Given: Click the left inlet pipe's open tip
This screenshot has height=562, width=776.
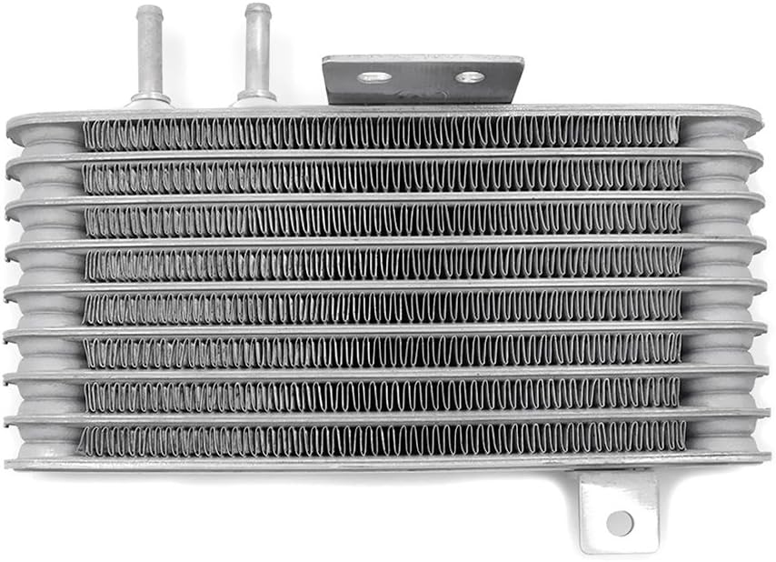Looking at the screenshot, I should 149,12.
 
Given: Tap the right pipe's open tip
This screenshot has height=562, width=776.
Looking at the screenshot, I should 257,11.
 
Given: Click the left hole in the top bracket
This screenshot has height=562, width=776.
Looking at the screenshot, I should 373,77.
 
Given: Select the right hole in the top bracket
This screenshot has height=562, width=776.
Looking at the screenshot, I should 470,77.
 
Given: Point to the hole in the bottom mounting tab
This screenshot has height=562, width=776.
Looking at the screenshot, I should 620,522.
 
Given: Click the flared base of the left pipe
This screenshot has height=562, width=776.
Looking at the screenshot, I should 150,97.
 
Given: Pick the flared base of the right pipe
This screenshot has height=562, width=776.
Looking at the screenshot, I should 256,95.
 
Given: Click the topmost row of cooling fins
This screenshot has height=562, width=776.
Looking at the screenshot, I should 382,133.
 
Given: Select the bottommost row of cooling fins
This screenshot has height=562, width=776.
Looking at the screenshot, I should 382,438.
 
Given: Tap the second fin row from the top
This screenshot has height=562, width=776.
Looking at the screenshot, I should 382,176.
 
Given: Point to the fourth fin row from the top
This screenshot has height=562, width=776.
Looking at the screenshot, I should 382,263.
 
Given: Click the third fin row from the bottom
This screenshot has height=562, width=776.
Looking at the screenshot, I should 382,350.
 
